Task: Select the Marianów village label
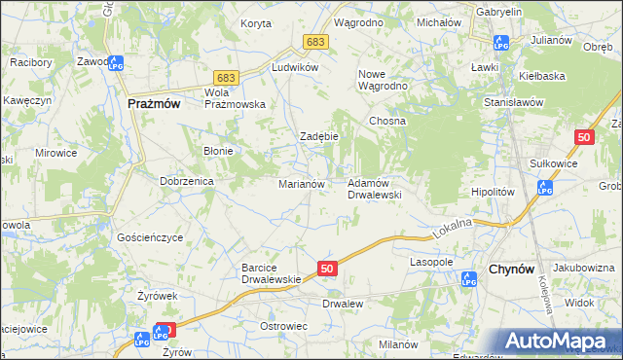point(308,183)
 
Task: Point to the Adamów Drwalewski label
point(375,189)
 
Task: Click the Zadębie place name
point(318,136)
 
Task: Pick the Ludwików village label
point(296,68)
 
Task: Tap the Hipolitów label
point(492,193)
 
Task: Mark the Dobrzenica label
point(186,182)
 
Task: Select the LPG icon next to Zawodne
point(114,65)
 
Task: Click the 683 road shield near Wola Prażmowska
point(226,77)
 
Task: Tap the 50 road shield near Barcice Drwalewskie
point(327,268)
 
